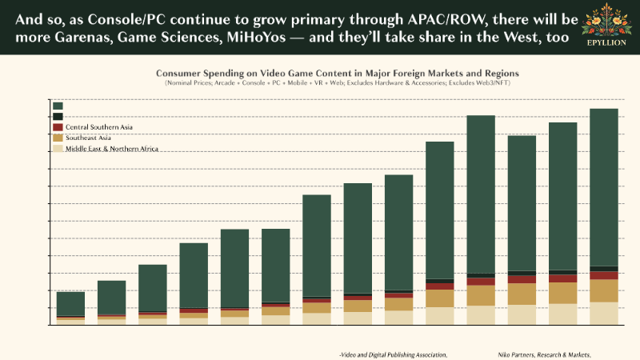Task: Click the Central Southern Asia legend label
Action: [99, 127]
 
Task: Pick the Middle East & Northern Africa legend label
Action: [112, 149]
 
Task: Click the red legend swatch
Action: [58, 127]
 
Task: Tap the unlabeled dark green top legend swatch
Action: [58, 106]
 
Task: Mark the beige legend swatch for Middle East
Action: [58, 149]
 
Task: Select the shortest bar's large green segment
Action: [70, 303]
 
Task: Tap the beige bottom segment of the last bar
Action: [603, 313]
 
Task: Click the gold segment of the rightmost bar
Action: [603, 290]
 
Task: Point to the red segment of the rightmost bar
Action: [603, 275]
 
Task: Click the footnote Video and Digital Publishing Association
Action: [393, 354]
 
